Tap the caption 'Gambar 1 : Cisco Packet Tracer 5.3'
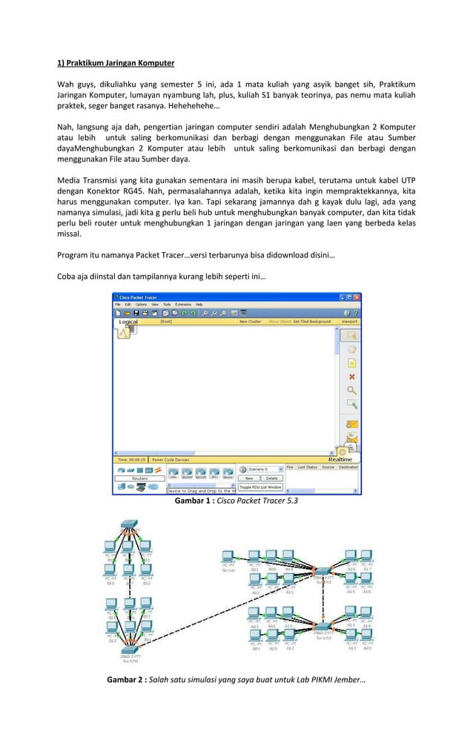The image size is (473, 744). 236,502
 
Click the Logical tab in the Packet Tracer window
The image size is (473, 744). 128,322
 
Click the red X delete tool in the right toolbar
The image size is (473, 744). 351,377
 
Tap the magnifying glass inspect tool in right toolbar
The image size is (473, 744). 351,390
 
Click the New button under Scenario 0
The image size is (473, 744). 250,478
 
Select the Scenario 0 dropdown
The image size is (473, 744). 261,469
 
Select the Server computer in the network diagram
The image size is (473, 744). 228,560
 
